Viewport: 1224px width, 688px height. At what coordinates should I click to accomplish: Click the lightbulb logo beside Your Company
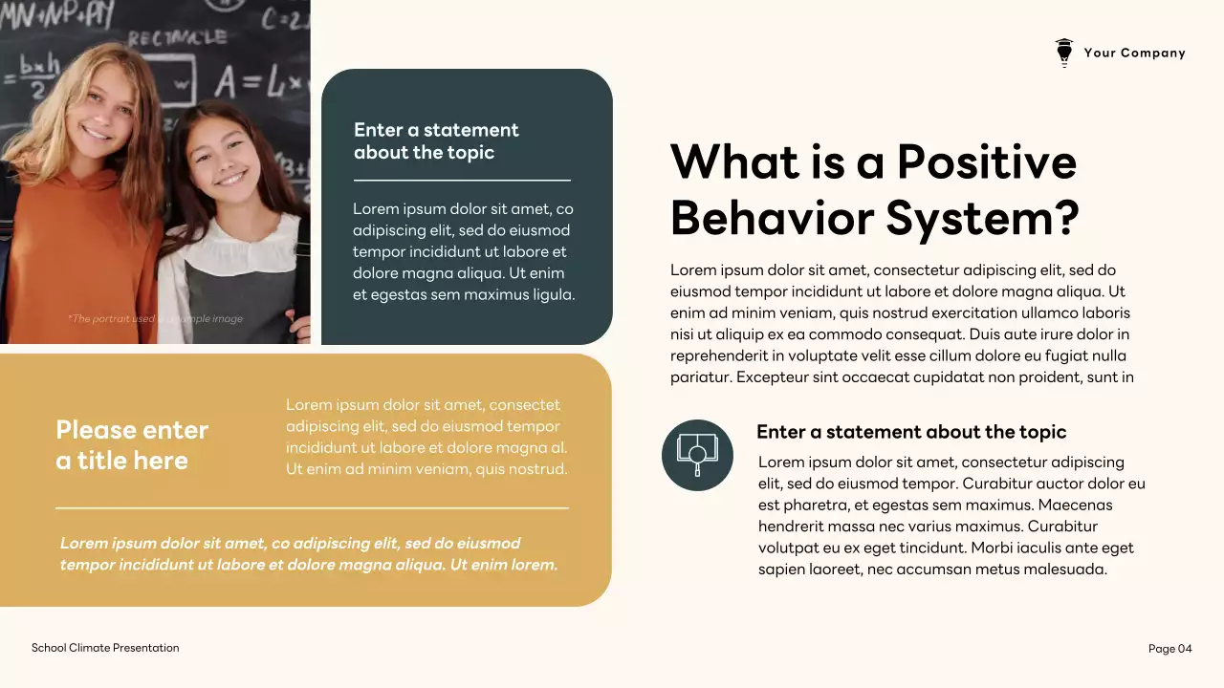click(x=1063, y=53)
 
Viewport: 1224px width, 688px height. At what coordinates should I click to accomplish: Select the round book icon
click(x=697, y=455)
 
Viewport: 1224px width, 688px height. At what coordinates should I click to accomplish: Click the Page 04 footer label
click(x=1169, y=649)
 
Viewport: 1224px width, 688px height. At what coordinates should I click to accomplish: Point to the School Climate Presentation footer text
click(x=105, y=648)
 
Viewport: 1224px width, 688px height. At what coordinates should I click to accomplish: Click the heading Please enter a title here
click(x=131, y=445)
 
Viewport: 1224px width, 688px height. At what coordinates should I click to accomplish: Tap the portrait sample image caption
click(x=155, y=319)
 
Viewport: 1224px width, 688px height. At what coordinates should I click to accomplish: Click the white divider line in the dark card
click(x=462, y=180)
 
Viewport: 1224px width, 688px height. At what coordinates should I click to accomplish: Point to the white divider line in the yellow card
click(x=312, y=508)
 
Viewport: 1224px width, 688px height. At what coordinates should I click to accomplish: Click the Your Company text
click(x=1134, y=54)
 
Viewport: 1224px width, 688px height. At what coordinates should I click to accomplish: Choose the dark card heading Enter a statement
click(x=436, y=141)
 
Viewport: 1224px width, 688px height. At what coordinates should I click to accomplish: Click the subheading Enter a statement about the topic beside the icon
click(x=910, y=432)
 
